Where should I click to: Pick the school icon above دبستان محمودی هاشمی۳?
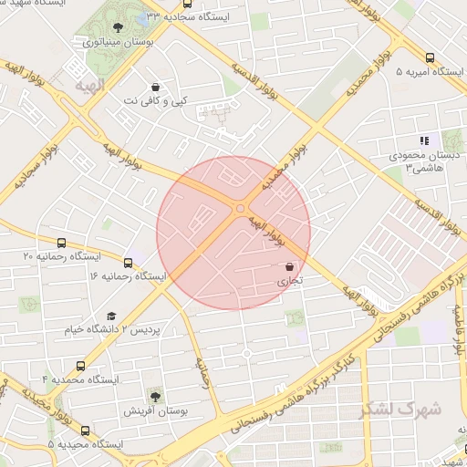point(423,140)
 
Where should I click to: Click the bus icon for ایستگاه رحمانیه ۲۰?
point(61,244)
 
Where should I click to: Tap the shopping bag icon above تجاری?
point(289,266)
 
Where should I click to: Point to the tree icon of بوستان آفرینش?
point(154,396)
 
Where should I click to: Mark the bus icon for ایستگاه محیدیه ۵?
point(85,431)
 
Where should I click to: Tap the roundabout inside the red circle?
point(241,209)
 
